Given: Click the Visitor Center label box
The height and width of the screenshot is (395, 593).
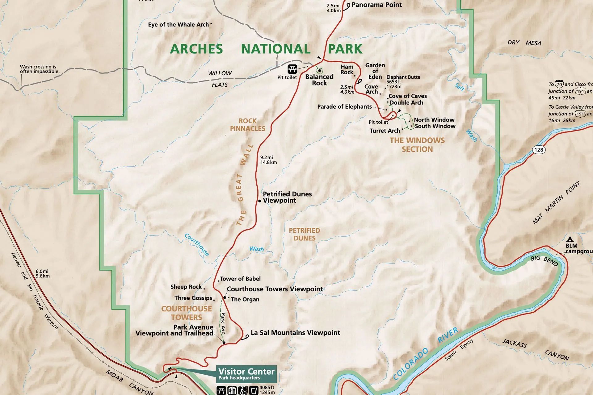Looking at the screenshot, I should (x=246, y=374).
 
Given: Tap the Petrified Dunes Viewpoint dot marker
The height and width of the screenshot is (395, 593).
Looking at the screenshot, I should (x=260, y=201).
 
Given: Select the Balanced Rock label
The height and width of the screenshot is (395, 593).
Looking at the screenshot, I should (x=319, y=80).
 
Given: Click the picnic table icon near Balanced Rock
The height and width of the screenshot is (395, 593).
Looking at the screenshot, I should (x=292, y=69).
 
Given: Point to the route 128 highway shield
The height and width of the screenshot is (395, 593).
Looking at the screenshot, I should (x=539, y=150).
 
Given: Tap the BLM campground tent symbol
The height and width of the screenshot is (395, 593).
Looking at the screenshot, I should (x=570, y=239).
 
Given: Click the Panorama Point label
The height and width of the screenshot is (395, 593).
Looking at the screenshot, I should (x=376, y=5).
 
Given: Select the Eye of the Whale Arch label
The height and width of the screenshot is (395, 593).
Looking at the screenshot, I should (x=178, y=25).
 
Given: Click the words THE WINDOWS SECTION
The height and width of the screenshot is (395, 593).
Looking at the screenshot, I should (x=417, y=145).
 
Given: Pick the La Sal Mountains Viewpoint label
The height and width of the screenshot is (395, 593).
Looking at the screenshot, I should (x=295, y=333).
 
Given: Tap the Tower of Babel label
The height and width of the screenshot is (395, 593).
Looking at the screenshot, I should (x=240, y=279).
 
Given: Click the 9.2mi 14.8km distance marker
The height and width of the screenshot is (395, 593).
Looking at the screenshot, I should (x=268, y=160).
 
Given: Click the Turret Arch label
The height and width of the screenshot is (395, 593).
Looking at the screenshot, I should (x=385, y=131).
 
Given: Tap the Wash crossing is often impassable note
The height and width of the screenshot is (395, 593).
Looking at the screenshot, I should (x=40, y=69).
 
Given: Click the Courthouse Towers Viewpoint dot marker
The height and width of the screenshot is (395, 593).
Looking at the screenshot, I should (x=225, y=298).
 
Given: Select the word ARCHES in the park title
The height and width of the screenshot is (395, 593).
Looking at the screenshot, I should (x=196, y=49).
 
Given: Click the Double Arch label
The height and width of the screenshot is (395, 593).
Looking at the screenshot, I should (x=406, y=103).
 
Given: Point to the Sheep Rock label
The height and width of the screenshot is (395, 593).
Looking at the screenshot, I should (x=186, y=287).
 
